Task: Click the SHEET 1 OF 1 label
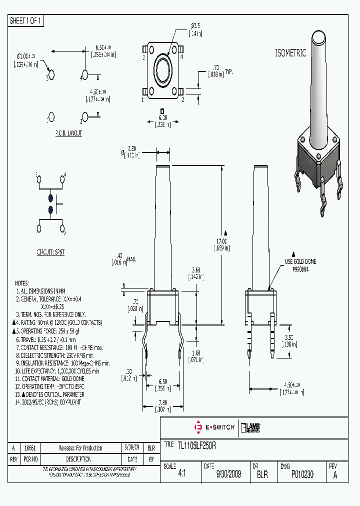[x=26, y=20]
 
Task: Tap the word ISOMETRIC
[x=290, y=53]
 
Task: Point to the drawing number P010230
[x=302, y=474]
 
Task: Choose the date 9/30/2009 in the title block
[x=228, y=474]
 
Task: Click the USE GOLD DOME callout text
[x=300, y=261]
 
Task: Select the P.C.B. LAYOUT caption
[x=68, y=133]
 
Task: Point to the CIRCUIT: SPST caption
[x=50, y=252]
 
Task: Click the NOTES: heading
[x=22, y=282]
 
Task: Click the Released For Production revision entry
[x=80, y=448]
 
